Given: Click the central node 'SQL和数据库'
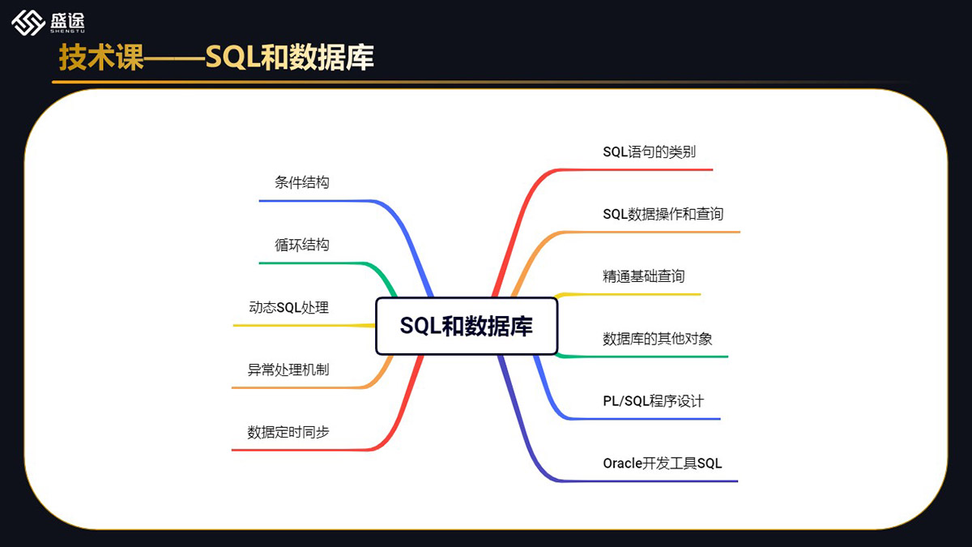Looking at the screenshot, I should coord(467,326).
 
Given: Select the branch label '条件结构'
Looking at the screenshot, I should coord(302,182).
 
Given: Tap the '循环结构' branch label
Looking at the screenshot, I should coord(302,245).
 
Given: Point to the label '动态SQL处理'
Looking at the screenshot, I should coord(288,307).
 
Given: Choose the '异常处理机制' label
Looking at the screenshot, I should coord(288,370).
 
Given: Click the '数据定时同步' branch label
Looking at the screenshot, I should coord(288,432).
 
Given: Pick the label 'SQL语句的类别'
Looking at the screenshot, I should coord(649,152).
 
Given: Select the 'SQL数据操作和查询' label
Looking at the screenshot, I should coord(663,214).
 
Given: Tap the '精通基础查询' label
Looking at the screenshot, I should coord(643,276).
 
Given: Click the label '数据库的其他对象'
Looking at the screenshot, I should coord(657,339).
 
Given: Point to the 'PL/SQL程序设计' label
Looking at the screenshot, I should coord(653,401).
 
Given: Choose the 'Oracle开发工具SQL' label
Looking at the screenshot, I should coord(662,464).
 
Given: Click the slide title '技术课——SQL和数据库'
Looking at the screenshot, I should coord(216,58).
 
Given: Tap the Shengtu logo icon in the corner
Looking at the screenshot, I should coord(28,22).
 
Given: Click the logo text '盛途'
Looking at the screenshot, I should coord(67,20).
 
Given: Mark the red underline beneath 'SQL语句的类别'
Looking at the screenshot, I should coord(648,169).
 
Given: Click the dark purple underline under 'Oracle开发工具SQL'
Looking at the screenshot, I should coord(664,481).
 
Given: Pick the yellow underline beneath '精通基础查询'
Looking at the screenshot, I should coord(640,293).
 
